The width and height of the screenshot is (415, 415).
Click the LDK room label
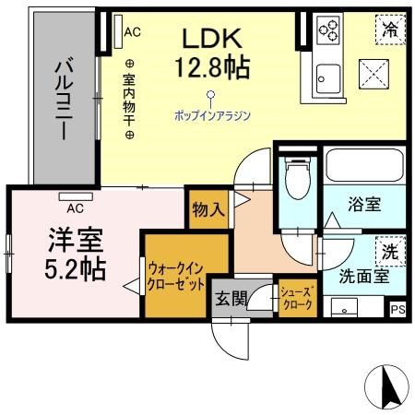(x=212, y=39)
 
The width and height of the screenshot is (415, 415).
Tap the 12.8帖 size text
(x=212, y=67)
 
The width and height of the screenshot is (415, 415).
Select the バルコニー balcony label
(x=64, y=101)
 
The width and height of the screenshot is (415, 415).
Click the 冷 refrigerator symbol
(x=390, y=30)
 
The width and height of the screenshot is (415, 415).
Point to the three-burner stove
(x=329, y=29)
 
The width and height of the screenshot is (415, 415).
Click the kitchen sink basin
(x=328, y=78)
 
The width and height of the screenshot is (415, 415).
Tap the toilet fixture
(x=298, y=178)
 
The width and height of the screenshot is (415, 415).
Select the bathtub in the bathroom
(x=364, y=165)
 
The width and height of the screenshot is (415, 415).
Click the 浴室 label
(x=364, y=204)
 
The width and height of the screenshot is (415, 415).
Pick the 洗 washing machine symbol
(x=390, y=252)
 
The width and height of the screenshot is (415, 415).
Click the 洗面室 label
(x=364, y=276)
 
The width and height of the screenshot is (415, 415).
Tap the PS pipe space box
(x=397, y=309)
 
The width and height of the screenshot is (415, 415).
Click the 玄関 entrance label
(x=231, y=299)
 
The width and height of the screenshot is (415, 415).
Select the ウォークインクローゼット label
(x=176, y=277)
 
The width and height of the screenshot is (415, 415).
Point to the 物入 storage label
(x=208, y=210)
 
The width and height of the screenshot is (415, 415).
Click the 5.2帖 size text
(x=76, y=269)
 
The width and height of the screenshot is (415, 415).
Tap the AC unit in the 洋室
(x=76, y=196)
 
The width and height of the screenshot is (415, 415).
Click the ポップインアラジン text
(x=212, y=115)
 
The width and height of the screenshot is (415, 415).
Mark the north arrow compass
(x=386, y=386)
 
